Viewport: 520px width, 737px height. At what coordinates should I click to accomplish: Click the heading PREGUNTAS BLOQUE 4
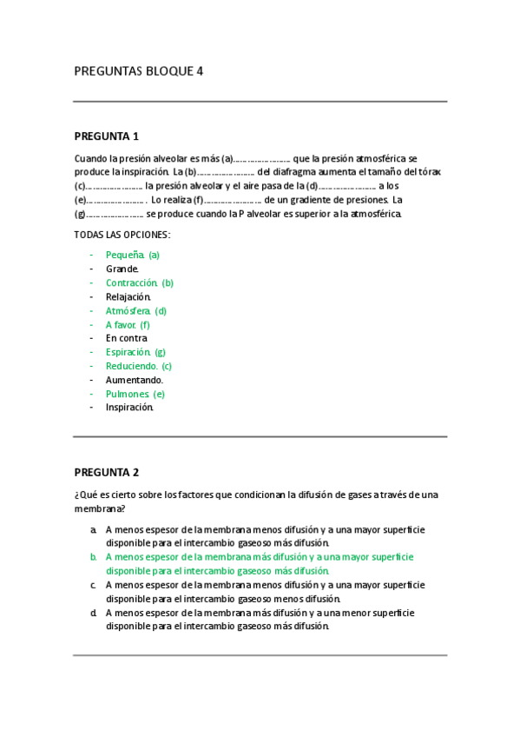(x=139, y=71)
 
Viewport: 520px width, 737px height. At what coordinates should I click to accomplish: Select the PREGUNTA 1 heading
(x=107, y=136)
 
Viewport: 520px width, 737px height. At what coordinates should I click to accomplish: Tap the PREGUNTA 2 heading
(x=107, y=473)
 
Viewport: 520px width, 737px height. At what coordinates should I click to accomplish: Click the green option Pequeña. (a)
(x=132, y=255)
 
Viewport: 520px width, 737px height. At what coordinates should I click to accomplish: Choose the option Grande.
(x=122, y=269)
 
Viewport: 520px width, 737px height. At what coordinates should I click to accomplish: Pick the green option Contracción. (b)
(x=140, y=282)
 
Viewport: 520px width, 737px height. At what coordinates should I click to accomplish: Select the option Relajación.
(x=128, y=296)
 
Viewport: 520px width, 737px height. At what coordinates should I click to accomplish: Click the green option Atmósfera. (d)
(x=136, y=310)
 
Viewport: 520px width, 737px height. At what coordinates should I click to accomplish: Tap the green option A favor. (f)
(x=128, y=324)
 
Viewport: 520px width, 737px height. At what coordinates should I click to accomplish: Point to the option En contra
(x=127, y=338)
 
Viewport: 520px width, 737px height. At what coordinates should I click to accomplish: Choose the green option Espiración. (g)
(x=135, y=352)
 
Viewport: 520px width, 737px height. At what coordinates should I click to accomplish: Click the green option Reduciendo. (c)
(x=139, y=366)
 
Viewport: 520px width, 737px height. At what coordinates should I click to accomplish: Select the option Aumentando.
(x=135, y=380)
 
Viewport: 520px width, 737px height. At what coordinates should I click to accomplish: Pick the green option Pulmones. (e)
(x=135, y=394)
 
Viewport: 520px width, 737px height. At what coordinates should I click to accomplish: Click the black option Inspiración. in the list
(x=129, y=407)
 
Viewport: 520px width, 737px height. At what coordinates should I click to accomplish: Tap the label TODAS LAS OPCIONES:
(x=122, y=235)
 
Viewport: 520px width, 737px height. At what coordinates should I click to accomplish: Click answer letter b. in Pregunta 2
(x=93, y=557)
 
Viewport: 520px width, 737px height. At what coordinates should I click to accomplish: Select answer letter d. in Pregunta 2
(x=93, y=613)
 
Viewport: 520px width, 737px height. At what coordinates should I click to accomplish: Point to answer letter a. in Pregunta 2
(x=93, y=529)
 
